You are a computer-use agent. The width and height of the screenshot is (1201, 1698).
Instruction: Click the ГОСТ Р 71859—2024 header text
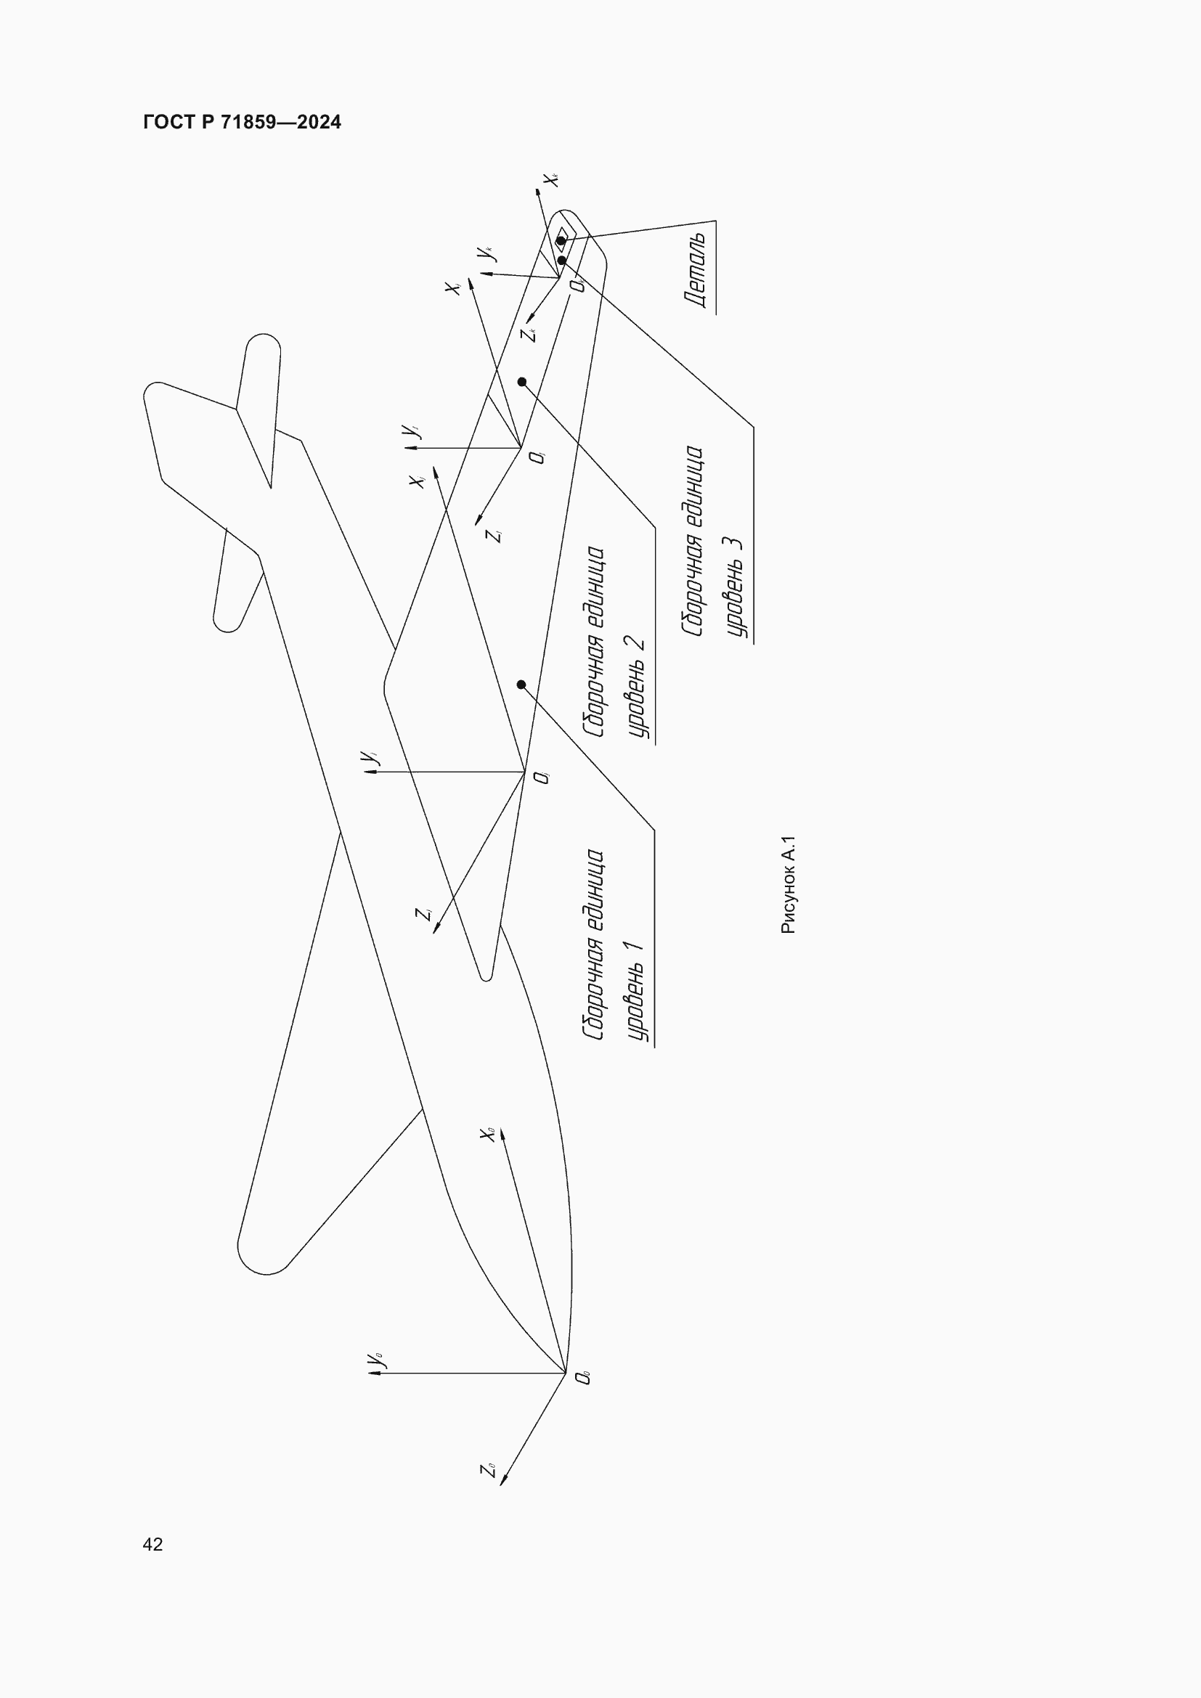tap(242, 122)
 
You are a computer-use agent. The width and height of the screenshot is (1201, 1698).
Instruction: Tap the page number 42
tap(152, 1543)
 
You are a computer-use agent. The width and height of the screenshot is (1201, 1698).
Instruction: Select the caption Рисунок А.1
tap(789, 884)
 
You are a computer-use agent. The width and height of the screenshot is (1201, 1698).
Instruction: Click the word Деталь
tap(695, 270)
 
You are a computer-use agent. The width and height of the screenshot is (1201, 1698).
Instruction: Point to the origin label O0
tap(585, 1377)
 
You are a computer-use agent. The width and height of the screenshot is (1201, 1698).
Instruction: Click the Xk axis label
tap(551, 179)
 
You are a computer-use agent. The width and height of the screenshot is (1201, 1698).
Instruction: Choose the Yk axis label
tap(486, 253)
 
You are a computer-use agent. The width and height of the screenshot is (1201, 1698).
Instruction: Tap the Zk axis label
tap(528, 335)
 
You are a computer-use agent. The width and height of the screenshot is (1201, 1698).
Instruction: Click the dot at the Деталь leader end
tap(561, 241)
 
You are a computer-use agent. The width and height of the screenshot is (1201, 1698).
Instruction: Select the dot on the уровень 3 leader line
tap(562, 261)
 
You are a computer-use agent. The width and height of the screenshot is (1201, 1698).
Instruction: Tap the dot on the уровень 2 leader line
tap(522, 382)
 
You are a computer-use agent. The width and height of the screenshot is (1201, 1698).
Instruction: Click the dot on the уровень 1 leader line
tap(521, 685)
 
